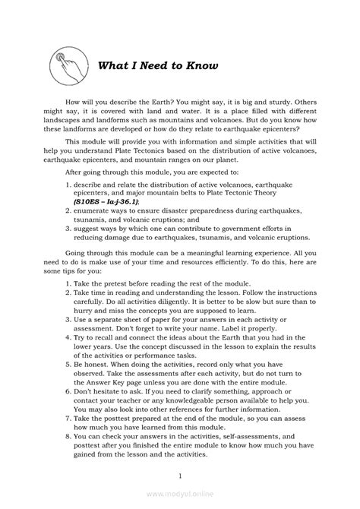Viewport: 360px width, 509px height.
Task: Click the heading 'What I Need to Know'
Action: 158,65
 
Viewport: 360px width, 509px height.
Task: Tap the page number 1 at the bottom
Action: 180,476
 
